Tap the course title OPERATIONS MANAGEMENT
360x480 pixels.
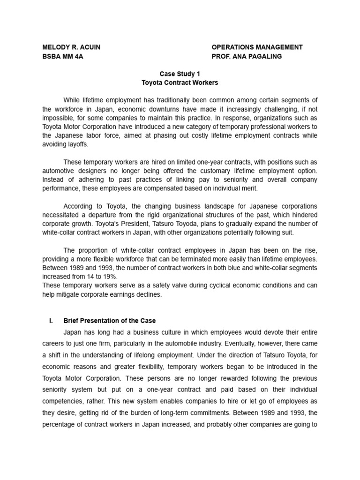point(257,47)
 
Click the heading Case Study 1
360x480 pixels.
point(180,74)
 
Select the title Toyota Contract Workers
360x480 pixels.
point(180,82)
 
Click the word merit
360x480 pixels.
point(249,188)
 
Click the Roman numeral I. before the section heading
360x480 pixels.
point(51,321)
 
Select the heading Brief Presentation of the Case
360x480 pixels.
point(110,321)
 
